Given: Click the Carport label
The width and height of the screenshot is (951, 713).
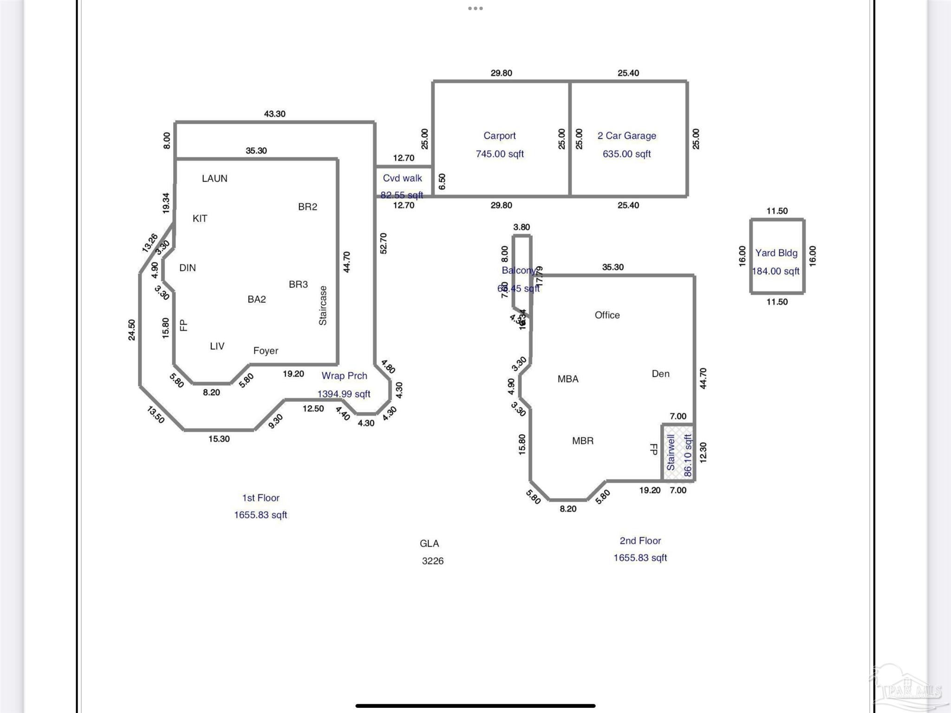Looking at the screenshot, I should [499, 136].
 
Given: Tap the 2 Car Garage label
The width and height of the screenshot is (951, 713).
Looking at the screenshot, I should [626, 136].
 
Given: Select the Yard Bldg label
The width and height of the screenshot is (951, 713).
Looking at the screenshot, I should [776, 253].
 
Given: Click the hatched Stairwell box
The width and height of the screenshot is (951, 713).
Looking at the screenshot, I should [678, 452].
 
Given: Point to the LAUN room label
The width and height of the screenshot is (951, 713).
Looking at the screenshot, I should [215, 178].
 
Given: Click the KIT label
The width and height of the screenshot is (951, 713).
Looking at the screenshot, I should [200, 218].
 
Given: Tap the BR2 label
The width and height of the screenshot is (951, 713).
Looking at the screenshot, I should [307, 207].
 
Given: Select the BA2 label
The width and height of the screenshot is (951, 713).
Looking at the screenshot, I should [257, 299].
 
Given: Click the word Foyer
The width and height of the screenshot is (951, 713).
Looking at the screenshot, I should [266, 351].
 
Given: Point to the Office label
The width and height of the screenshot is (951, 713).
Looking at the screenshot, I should [607, 315].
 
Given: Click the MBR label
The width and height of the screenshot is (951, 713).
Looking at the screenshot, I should [583, 441].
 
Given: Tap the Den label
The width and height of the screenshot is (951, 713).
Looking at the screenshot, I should [660, 373].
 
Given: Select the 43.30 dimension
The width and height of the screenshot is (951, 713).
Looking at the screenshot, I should [274, 114].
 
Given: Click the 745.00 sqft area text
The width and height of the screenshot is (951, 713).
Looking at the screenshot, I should [500, 154].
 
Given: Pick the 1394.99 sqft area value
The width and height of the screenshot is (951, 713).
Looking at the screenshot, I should [344, 394].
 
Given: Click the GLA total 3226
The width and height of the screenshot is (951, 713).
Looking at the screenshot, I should [432, 561].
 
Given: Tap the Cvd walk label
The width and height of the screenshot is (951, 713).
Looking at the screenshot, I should [402, 178].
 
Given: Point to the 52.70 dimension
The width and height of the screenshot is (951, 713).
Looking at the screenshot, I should [383, 243].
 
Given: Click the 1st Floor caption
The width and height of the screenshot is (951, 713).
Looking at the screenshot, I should [261, 498].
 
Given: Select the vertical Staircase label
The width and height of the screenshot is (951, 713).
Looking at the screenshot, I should [323, 305].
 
